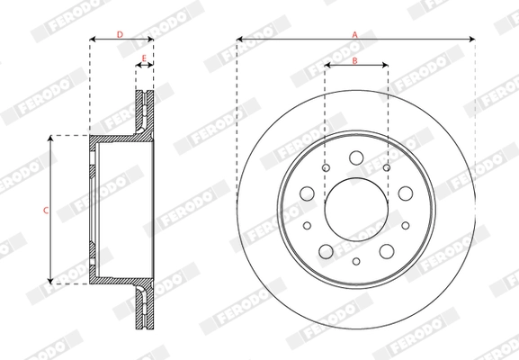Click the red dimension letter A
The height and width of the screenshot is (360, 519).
point(355,33)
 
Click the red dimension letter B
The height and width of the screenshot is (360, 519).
point(355,59)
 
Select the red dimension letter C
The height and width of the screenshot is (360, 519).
point(46,209)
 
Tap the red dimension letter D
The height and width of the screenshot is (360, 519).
point(121,34)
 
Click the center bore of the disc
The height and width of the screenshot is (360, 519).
point(356,209)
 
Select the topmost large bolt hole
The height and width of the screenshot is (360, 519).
point(356,158)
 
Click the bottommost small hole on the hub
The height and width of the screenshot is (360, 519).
point(356,261)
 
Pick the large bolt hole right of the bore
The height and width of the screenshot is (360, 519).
point(405,193)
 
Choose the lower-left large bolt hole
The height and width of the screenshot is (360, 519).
point(326,250)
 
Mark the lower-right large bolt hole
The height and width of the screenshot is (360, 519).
point(387,250)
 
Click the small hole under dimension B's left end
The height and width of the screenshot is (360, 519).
point(325,167)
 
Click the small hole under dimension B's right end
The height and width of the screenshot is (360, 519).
point(387,167)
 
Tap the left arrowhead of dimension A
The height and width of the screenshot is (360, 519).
point(240,40)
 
